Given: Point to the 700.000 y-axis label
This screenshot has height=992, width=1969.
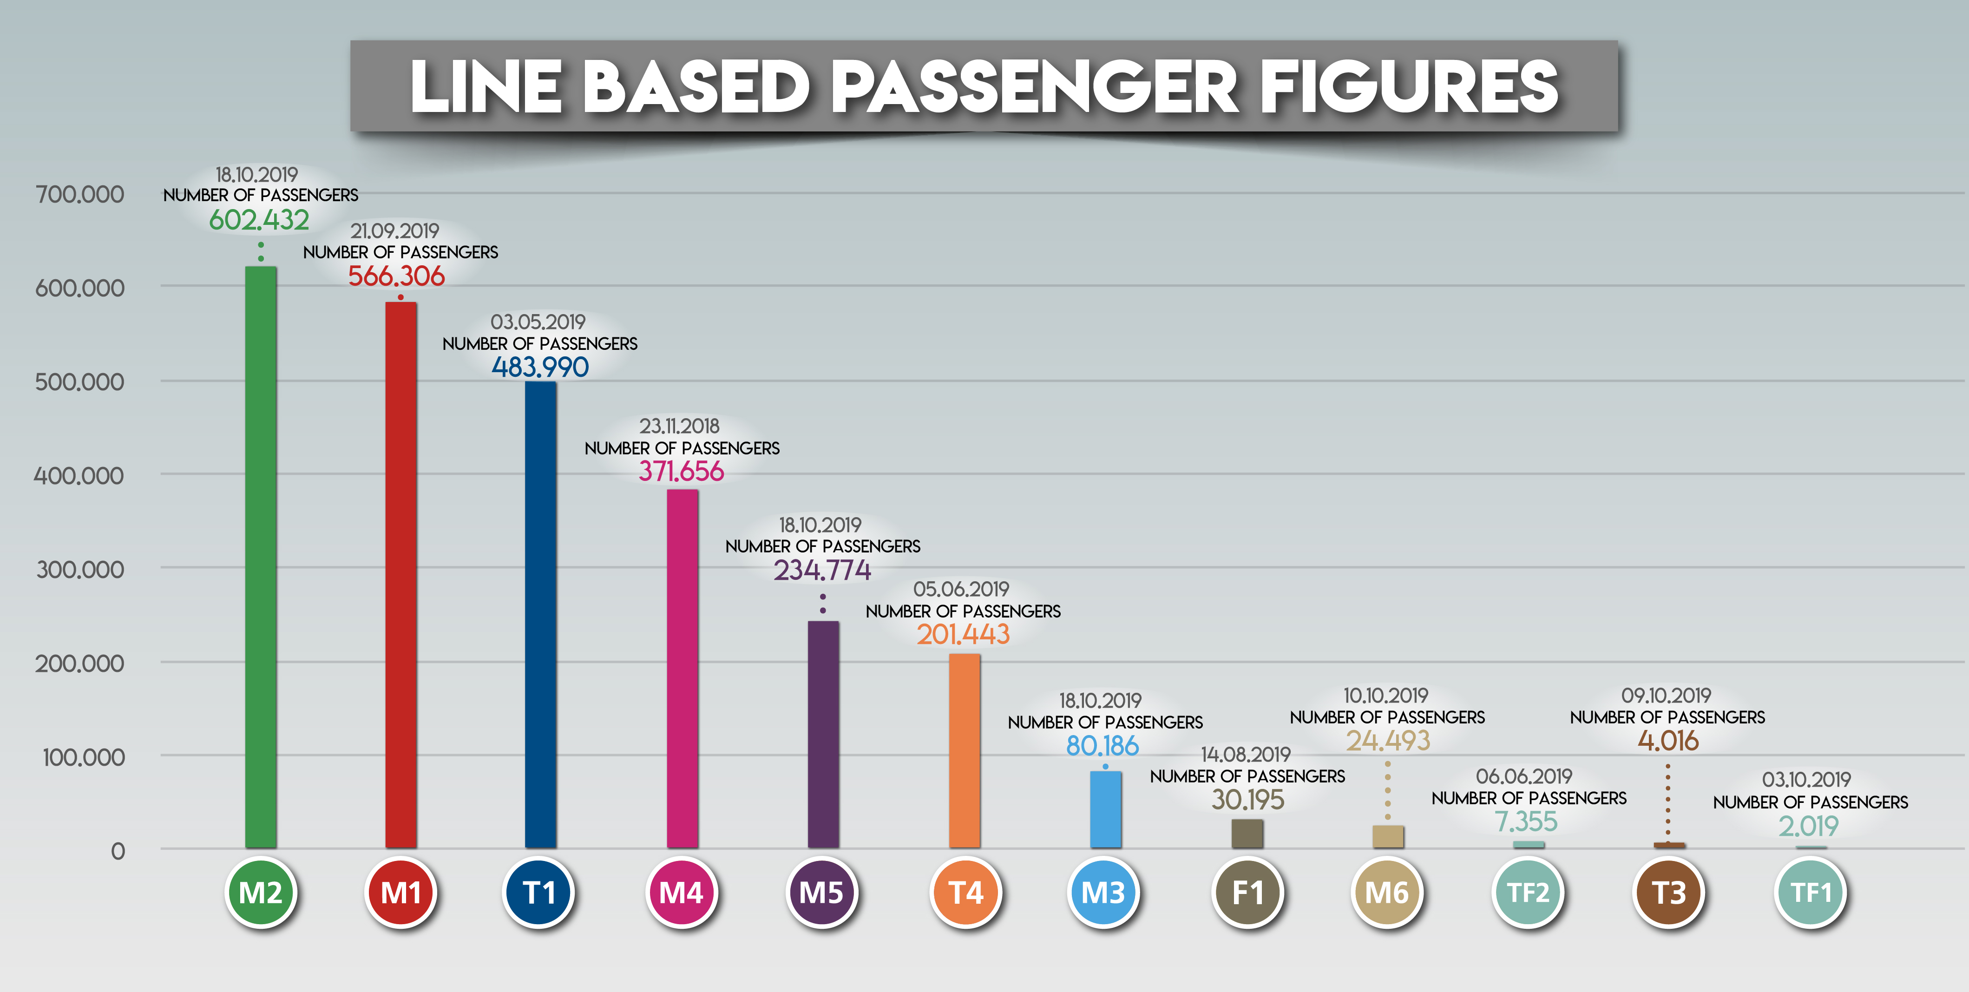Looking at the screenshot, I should [79, 194].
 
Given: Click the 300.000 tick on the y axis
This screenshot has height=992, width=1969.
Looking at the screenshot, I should [79, 569].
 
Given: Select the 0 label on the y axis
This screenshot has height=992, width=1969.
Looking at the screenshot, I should [118, 851].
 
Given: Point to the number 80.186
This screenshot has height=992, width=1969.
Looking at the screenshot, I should [1102, 746].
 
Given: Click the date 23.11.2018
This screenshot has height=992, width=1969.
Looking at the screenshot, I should [680, 426].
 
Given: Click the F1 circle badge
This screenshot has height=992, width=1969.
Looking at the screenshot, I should [1247, 892].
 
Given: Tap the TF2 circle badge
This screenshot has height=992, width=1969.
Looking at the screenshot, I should [1528, 892].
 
